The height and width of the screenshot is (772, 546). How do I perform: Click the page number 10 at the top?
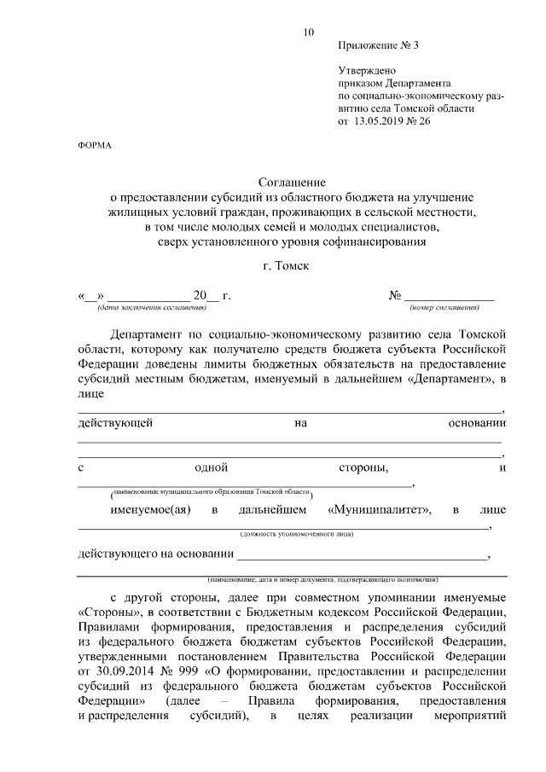coord(309,32)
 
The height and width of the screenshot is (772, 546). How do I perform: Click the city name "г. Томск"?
coord(287,265)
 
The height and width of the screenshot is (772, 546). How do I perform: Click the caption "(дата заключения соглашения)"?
coord(151,306)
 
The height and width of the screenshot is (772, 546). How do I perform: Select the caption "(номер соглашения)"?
coord(443,306)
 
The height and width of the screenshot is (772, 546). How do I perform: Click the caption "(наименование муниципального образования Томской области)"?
coord(212,494)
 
